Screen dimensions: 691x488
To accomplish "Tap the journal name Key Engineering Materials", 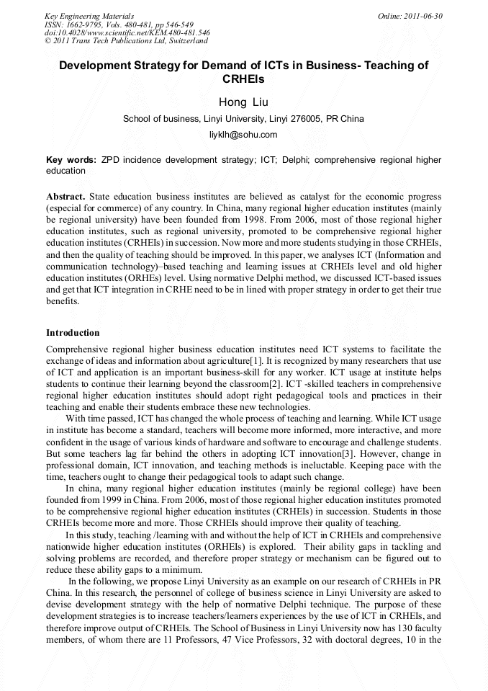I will click(89, 16).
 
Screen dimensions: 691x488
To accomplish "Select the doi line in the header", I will click(127, 32).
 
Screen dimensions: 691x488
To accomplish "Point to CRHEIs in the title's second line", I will click(243, 79).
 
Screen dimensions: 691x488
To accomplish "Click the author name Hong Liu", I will click(243, 102).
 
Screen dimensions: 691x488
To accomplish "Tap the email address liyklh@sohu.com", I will click(243, 135).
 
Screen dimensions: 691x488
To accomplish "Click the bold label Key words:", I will click(71, 160).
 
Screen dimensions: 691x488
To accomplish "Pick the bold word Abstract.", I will click(65, 197).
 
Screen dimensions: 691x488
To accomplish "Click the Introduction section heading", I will click(73, 333).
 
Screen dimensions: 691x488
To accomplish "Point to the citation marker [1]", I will click(256, 360).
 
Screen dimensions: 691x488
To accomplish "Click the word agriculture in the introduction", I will click(223, 360).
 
